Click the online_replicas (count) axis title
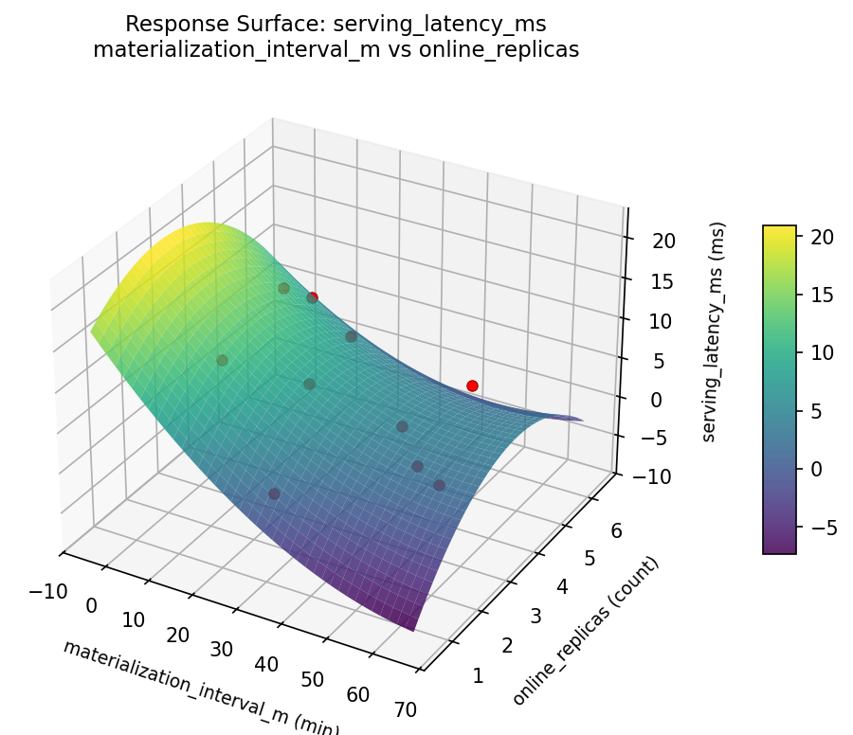click(585, 631)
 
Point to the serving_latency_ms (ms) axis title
click(717, 332)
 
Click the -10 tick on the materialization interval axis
click(47, 592)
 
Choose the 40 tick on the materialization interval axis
click(267, 664)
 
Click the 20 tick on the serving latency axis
click(663, 241)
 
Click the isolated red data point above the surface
click(472, 385)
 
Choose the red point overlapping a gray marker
click(313, 297)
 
